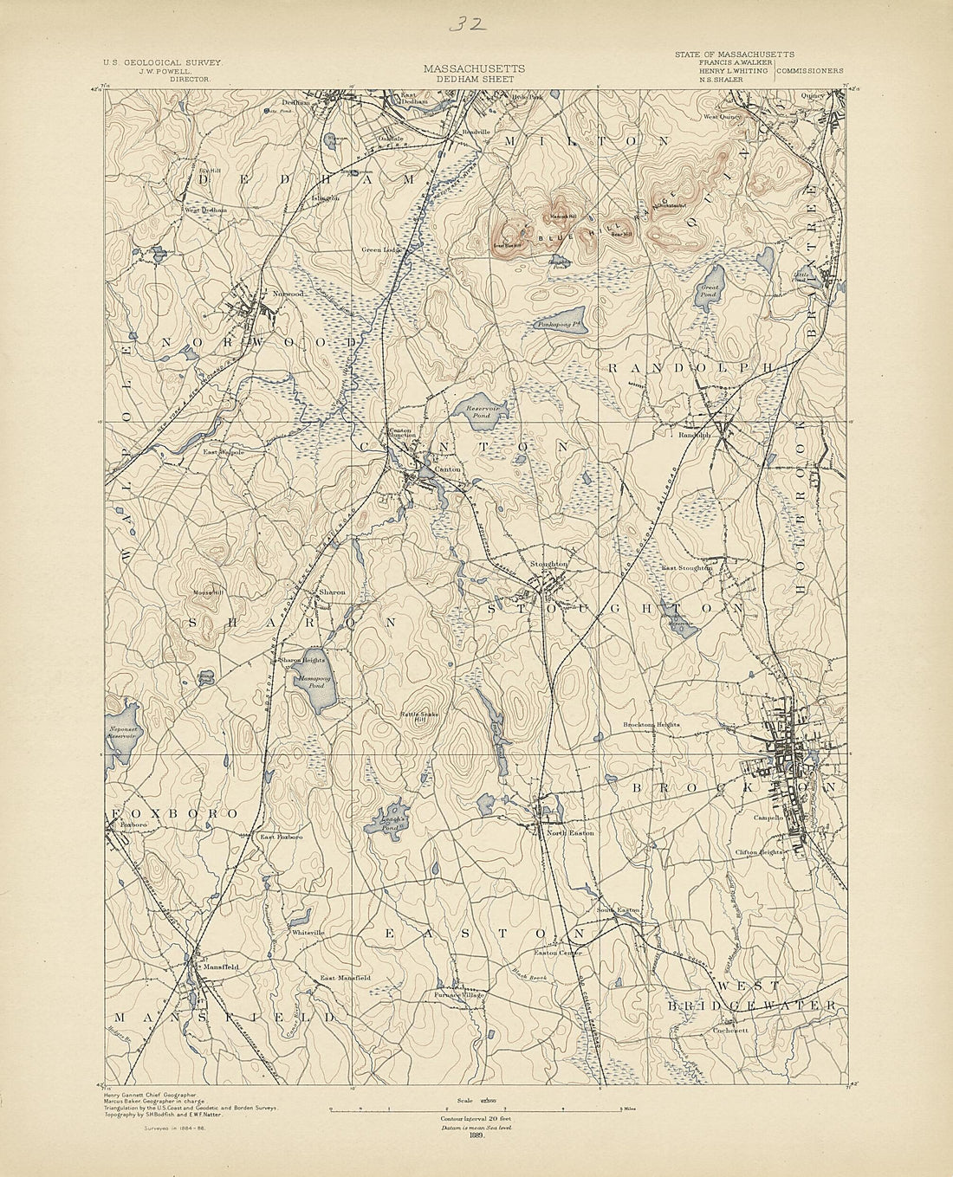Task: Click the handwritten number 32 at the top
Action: (469, 23)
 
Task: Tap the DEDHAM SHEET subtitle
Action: (474, 78)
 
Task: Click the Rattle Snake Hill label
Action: (419, 715)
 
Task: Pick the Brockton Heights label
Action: (652, 724)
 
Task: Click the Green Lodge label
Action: (379, 249)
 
